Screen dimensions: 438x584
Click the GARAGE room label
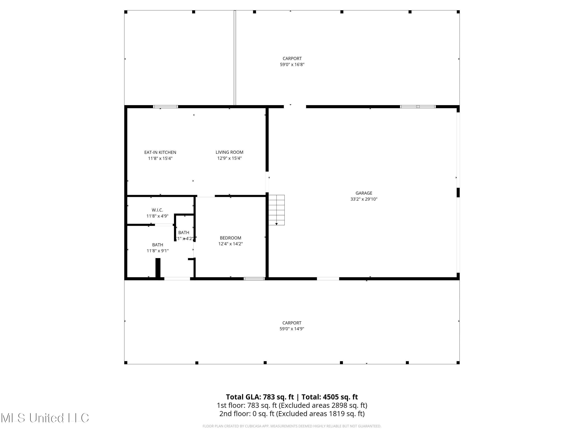[364, 193]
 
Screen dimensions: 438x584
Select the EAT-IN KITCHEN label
[160, 152]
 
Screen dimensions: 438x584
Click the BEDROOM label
[230, 238]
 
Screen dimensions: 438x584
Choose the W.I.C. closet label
[157, 210]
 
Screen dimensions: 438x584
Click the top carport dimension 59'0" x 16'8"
[292, 64]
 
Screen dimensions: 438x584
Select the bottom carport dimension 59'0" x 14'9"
[292, 329]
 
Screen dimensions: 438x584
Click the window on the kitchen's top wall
[165, 107]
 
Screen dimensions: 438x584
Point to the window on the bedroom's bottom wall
[254, 279]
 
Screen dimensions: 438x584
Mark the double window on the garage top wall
[418, 107]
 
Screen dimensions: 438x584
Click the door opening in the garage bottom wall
[328, 279]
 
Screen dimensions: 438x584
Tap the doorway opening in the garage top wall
[295, 107]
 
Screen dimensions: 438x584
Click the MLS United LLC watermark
[45, 418]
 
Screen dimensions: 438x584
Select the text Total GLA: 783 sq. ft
[260, 397]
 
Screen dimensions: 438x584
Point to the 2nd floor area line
[292, 413]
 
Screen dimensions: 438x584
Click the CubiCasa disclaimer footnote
[292, 426]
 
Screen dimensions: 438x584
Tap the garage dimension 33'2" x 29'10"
[364, 199]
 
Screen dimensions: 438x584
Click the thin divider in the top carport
[235, 58]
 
